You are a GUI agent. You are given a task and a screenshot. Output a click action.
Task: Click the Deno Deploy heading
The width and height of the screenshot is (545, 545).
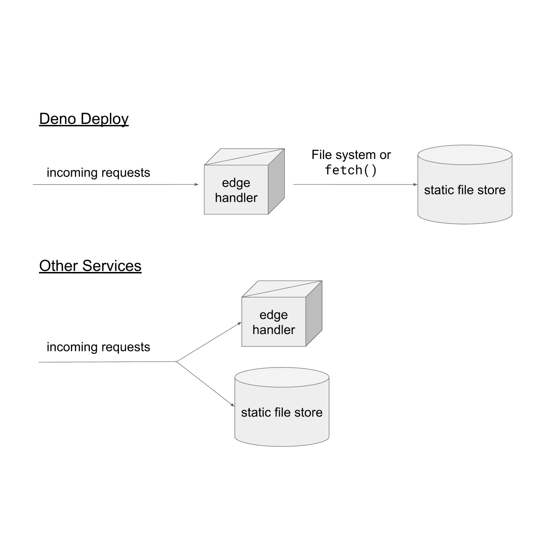[x=84, y=119]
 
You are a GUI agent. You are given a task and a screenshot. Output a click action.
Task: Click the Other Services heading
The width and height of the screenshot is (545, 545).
[x=90, y=266]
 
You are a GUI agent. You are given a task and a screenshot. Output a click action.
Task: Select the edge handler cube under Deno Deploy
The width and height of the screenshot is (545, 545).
[x=236, y=190]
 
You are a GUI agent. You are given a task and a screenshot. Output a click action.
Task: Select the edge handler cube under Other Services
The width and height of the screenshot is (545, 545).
[x=273, y=322]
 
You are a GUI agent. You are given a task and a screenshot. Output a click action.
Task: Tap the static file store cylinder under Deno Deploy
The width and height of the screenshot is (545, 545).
[x=465, y=190]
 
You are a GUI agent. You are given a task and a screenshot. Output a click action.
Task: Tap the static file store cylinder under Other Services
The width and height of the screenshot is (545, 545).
[x=282, y=412]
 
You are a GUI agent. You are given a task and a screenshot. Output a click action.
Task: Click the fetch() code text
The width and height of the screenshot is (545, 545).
[x=351, y=170]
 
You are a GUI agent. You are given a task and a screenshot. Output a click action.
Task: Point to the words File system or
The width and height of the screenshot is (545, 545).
[x=351, y=155]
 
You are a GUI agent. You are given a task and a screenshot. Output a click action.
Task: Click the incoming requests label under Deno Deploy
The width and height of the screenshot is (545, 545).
[x=98, y=173]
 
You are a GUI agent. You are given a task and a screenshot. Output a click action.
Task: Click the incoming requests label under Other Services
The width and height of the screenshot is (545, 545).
[x=98, y=347]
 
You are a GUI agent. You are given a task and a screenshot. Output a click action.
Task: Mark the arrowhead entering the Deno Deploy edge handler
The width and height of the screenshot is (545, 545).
[x=197, y=184]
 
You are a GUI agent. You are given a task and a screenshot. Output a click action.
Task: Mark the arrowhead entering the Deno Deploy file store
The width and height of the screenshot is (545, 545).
[x=415, y=184]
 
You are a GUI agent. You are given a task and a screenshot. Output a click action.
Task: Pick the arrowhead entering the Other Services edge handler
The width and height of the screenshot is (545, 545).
[x=239, y=323]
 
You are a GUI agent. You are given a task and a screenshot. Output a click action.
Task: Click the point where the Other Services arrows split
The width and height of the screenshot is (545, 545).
[x=176, y=362]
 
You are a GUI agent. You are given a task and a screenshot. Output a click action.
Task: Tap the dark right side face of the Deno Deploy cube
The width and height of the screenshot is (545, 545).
[x=276, y=182]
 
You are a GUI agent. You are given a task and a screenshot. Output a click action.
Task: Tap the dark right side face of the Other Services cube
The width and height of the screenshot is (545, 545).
[x=314, y=313]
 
